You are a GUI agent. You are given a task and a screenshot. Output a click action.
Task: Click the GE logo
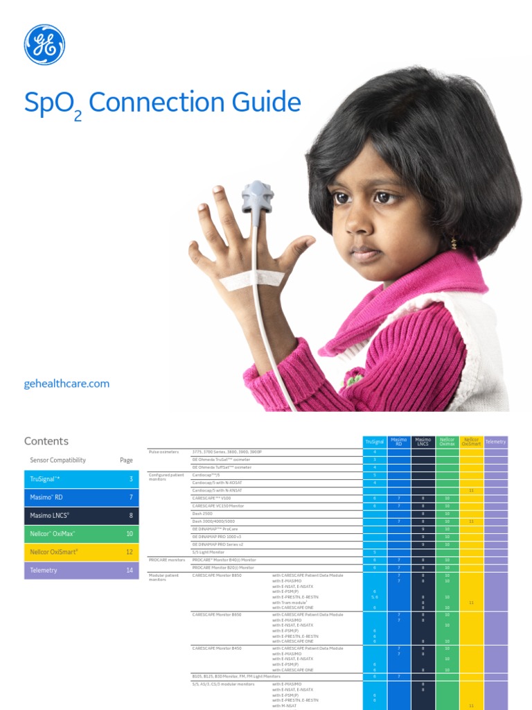click(x=44, y=44)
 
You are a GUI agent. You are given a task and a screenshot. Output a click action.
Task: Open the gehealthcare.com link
click(x=66, y=383)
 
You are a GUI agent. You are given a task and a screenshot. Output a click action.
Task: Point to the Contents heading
click(x=46, y=441)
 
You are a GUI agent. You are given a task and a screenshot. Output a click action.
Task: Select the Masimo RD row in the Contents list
click(x=81, y=497)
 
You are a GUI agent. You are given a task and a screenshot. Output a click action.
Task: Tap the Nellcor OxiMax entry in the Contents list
click(x=81, y=534)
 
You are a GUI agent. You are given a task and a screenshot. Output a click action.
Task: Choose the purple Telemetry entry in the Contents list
click(x=81, y=570)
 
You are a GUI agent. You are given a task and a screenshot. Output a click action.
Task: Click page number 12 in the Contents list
click(x=130, y=552)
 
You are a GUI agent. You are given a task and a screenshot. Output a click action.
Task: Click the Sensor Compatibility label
click(x=58, y=460)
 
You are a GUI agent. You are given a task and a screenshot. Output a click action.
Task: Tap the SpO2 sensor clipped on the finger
click(x=257, y=196)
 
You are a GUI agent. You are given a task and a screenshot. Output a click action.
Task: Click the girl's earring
click(x=454, y=243)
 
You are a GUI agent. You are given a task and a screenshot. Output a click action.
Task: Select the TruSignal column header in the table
click(x=375, y=442)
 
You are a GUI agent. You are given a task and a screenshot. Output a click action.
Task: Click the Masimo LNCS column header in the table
click(x=423, y=441)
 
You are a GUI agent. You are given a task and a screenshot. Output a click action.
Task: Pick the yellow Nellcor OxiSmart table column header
click(x=471, y=441)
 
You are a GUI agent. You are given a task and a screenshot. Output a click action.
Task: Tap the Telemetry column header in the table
click(x=496, y=442)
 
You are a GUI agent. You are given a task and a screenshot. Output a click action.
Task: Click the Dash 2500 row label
click(x=202, y=514)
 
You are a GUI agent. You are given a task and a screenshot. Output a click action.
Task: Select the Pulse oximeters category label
click(x=164, y=451)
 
